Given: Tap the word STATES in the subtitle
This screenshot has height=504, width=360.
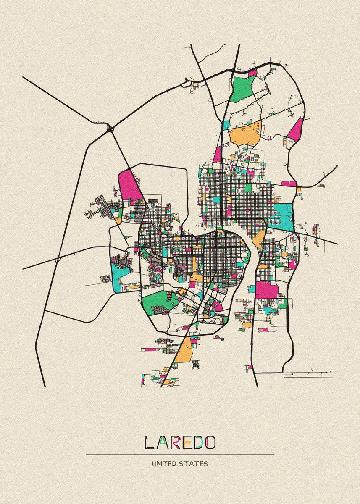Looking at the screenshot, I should pos(195,464).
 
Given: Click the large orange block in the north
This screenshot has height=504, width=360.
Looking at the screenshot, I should pos(245,134).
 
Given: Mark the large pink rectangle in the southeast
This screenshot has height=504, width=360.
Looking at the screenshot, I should pos(266,290).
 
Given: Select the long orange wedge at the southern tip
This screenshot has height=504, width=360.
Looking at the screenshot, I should pos(184,351).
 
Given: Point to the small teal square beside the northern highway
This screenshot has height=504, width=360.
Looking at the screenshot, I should pos(226,125).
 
